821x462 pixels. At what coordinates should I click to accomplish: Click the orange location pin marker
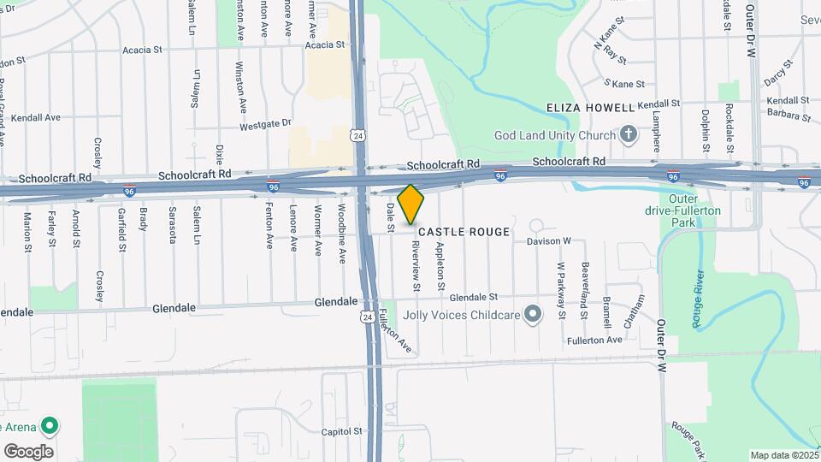[x=410, y=204]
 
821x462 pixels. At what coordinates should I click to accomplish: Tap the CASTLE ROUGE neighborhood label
[x=464, y=232]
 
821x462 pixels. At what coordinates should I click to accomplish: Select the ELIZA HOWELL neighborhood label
[x=591, y=108]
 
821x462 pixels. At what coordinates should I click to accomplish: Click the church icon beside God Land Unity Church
[x=629, y=135]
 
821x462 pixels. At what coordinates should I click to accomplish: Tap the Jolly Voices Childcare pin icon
[x=534, y=315]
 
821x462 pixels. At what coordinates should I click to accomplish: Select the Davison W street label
[x=548, y=241]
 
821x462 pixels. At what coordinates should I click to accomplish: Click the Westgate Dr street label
[x=265, y=123]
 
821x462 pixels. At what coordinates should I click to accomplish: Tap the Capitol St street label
[x=343, y=432]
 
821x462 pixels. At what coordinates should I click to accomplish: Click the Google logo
[x=28, y=451]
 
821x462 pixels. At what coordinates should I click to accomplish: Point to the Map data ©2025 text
[x=783, y=455]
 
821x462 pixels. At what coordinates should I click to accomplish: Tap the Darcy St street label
[x=775, y=77]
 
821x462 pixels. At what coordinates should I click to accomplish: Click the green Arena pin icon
[x=50, y=425]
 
